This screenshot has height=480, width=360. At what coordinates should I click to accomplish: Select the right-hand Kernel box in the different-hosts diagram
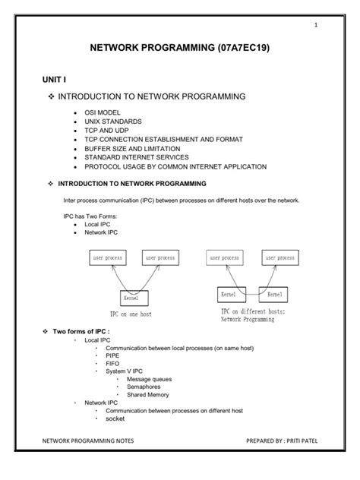(x=275, y=293)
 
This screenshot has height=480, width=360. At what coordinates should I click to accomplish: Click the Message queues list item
(x=149, y=380)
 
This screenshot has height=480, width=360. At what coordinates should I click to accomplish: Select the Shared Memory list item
(x=147, y=395)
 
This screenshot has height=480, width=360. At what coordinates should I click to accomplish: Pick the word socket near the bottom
(x=115, y=418)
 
